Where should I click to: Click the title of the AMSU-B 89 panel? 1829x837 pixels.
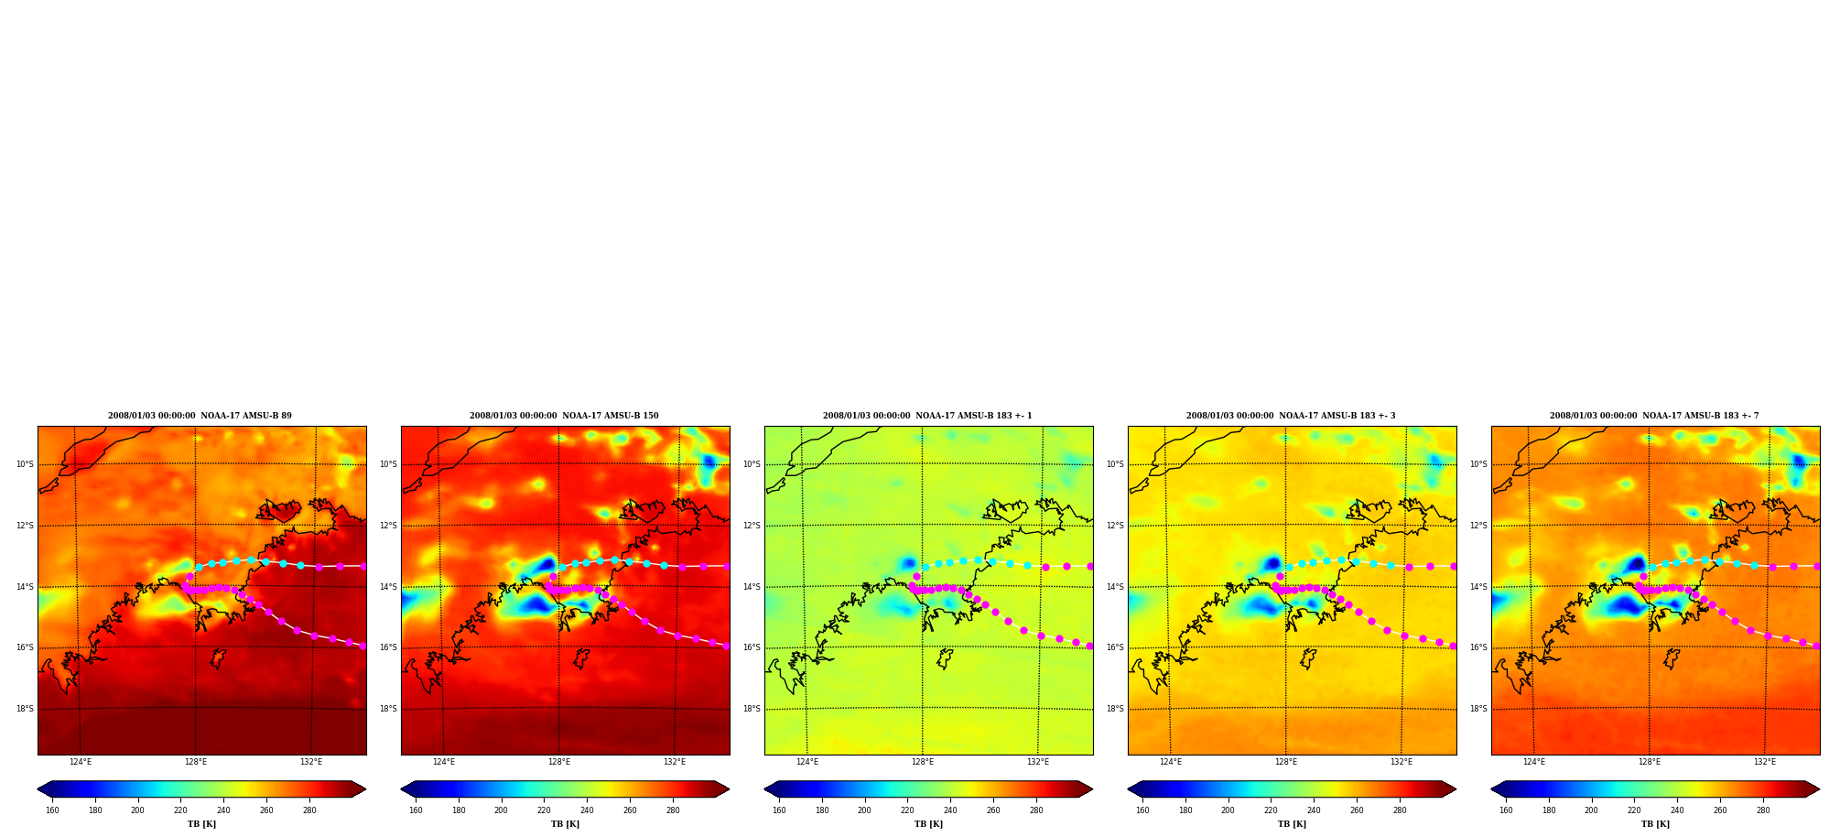click(x=200, y=416)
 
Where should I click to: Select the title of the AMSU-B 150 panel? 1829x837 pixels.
click(x=564, y=416)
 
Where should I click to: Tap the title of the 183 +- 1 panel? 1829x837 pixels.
click(x=927, y=416)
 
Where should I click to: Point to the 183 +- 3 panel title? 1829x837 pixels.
click(x=1291, y=416)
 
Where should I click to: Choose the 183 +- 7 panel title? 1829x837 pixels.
click(x=1654, y=416)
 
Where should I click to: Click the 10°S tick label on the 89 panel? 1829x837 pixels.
click(x=25, y=464)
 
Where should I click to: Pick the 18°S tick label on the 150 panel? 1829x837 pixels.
click(x=388, y=709)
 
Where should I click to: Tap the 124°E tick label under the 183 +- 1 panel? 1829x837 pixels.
click(x=807, y=762)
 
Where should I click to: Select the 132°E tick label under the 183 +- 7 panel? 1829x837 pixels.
click(x=1765, y=762)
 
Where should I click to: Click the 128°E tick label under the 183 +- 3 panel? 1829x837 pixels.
click(x=1286, y=762)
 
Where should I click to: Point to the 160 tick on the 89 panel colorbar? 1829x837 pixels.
click(x=52, y=810)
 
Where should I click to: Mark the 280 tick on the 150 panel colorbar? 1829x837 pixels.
click(x=673, y=810)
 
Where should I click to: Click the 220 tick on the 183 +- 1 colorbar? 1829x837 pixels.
click(x=907, y=810)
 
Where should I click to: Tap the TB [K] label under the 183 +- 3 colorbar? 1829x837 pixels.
click(x=1292, y=824)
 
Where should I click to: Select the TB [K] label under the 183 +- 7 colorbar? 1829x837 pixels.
click(x=1655, y=824)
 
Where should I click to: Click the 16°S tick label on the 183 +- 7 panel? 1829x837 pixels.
click(x=1478, y=647)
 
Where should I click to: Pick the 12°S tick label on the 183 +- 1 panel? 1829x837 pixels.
click(x=752, y=526)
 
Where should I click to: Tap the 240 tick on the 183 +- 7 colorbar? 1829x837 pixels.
click(x=1677, y=810)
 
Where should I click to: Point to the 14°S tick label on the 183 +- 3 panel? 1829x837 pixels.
click(x=1115, y=587)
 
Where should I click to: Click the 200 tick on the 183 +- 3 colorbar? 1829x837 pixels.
click(x=1228, y=810)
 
